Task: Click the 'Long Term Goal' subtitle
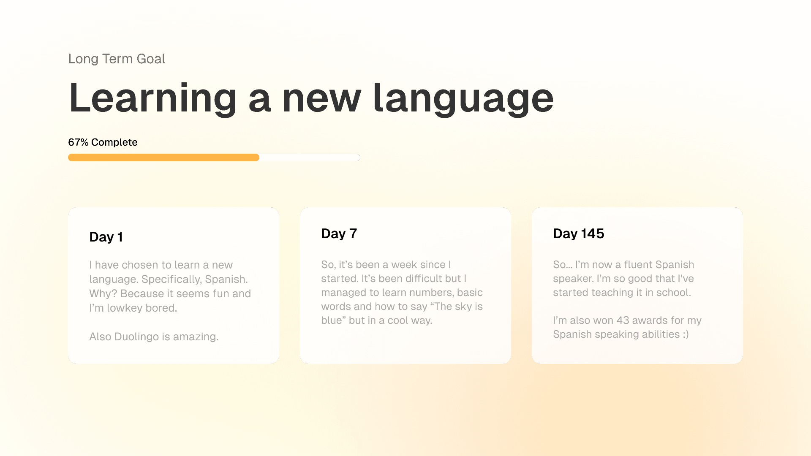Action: pyautogui.click(x=117, y=59)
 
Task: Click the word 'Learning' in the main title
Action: pyautogui.click(x=152, y=99)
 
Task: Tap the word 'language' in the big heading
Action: pyautogui.click(x=463, y=99)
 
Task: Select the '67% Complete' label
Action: pyautogui.click(x=103, y=142)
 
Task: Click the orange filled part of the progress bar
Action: pyautogui.click(x=163, y=157)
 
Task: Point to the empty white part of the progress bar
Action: pyautogui.click(x=310, y=157)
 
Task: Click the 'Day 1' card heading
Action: pyautogui.click(x=106, y=237)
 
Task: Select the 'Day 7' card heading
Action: pyautogui.click(x=339, y=233)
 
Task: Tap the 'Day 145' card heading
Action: pyautogui.click(x=579, y=233)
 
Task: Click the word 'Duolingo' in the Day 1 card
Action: pyautogui.click(x=136, y=337)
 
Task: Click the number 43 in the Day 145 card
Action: pyautogui.click(x=623, y=320)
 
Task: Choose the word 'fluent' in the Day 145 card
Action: pyautogui.click(x=640, y=265)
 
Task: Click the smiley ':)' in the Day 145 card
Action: pyautogui.click(x=686, y=334)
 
